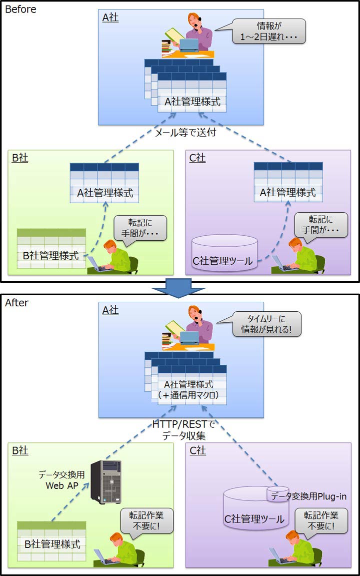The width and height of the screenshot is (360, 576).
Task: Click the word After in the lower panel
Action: click(x=17, y=302)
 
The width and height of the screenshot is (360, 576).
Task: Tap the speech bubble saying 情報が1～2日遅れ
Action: click(x=269, y=31)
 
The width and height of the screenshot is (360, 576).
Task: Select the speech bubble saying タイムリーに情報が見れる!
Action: click(x=267, y=324)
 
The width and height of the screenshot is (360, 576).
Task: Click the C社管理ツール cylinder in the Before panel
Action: click(x=225, y=253)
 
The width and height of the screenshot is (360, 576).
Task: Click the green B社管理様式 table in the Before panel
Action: click(x=51, y=249)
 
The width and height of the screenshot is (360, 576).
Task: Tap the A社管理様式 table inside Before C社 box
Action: click(x=287, y=182)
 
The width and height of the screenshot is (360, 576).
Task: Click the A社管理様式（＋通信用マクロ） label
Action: click(x=188, y=390)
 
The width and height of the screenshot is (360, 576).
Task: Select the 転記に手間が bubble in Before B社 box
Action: click(x=140, y=228)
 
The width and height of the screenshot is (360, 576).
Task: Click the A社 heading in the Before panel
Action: click(x=110, y=17)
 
